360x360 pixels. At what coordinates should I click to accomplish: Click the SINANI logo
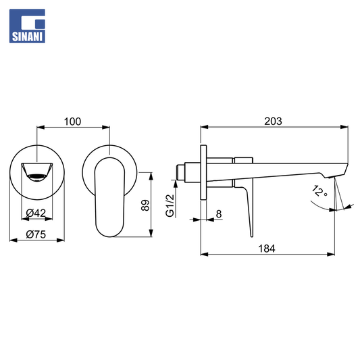(27, 26)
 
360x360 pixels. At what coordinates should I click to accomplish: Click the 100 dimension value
(72, 122)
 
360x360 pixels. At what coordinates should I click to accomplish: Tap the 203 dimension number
(273, 122)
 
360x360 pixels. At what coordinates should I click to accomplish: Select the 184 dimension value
(267, 249)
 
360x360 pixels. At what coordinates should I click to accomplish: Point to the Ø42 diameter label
(36, 213)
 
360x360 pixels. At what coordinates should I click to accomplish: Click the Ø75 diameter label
(36, 234)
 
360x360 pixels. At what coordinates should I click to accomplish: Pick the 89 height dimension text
(145, 205)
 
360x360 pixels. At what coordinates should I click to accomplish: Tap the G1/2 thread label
(170, 205)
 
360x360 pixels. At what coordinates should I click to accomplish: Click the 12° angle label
(319, 191)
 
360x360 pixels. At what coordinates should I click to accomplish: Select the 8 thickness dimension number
(219, 214)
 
